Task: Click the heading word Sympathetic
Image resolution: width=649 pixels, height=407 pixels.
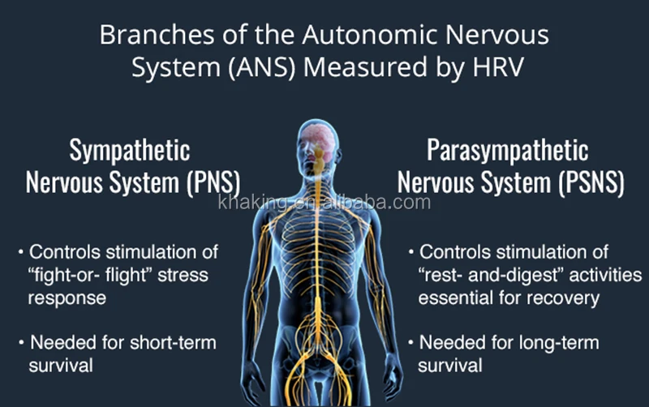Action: tap(129, 151)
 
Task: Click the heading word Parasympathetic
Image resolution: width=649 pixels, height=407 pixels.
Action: tap(507, 151)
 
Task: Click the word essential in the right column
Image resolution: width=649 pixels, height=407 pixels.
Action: tap(451, 298)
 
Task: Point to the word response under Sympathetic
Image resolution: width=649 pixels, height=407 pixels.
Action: tap(67, 298)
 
